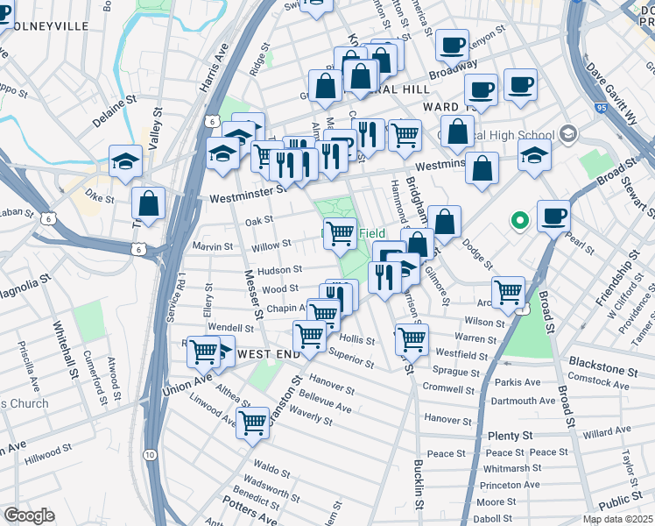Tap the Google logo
click(29, 515)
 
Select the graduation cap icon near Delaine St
click(126, 160)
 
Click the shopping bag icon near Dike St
click(149, 203)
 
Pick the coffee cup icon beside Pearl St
click(553, 216)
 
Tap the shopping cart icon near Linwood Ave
click(253, 422)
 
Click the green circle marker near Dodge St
click(519, 220)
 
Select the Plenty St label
click(511, 436)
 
